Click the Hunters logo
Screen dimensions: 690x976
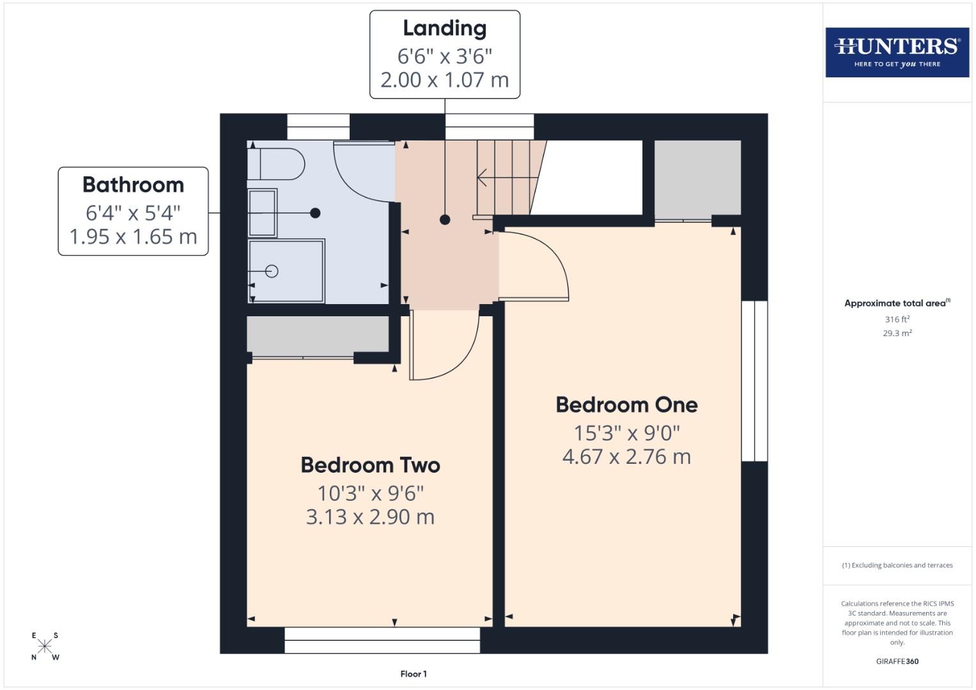897,52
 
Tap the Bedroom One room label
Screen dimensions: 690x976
626,405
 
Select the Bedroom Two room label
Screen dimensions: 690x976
370,465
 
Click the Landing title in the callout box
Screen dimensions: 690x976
444,29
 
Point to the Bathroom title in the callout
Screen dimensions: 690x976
133,185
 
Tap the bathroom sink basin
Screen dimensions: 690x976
262,213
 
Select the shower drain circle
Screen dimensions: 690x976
272,271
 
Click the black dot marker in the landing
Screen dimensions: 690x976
445,220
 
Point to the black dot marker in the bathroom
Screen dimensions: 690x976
314,213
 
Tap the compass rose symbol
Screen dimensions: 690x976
45,647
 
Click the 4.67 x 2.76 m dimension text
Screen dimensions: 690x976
626,457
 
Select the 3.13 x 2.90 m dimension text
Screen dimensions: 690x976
370,517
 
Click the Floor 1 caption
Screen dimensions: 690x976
414,674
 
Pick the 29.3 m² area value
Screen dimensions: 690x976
897,333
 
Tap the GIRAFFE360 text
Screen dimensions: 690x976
897,661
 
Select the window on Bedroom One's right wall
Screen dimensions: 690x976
754,381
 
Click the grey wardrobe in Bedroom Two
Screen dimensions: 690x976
318,334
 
